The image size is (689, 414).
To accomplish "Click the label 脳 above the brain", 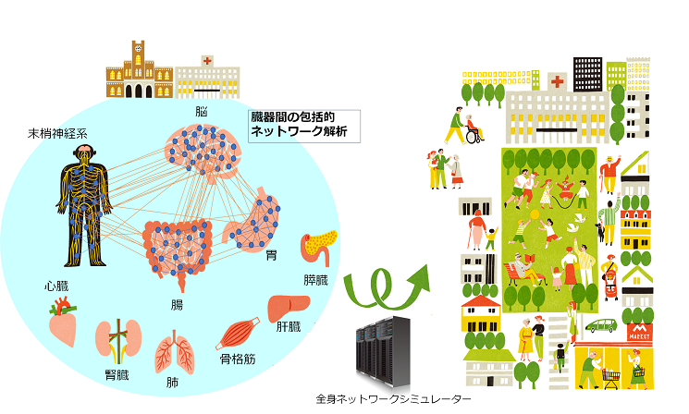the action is (x=202, y=112).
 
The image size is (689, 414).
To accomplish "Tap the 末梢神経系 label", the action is (x=57, y=133).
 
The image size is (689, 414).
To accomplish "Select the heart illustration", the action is (x=63, y=321).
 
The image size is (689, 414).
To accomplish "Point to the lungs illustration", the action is (x=175, y=352).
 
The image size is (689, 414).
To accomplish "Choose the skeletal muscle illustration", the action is (x=238, y=334).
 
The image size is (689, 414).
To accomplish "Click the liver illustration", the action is (x=289, y=308).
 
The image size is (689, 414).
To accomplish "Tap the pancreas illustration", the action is (x=318, y=247).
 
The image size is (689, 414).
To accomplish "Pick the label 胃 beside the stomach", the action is (x=271, y=255).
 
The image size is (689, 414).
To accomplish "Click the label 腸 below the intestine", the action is (x=177, y=305).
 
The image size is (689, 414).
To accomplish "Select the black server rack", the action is (x=383, y=351).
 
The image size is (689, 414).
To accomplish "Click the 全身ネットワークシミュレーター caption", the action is (x=393, y=399).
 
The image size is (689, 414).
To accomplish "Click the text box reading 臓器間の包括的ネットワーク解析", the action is (x=304, y=126).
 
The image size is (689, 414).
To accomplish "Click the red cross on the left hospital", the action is (x=207, y=61).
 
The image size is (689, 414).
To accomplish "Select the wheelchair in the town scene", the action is (x=474, y=135).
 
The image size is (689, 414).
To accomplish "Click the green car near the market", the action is (x=600, y=325).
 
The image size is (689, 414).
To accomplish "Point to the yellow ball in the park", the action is (x=535, y=214).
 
